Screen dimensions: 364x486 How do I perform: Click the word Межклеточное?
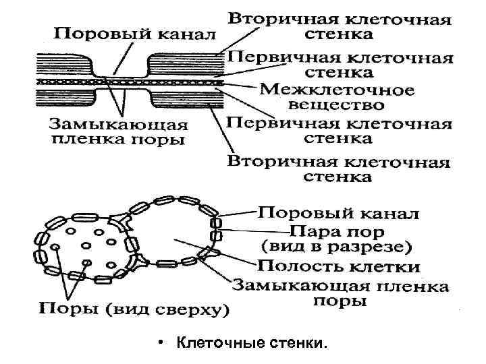pos(336,89)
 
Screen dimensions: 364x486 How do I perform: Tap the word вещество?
pos(336,105)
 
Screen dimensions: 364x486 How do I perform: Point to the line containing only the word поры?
pos(340,301)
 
